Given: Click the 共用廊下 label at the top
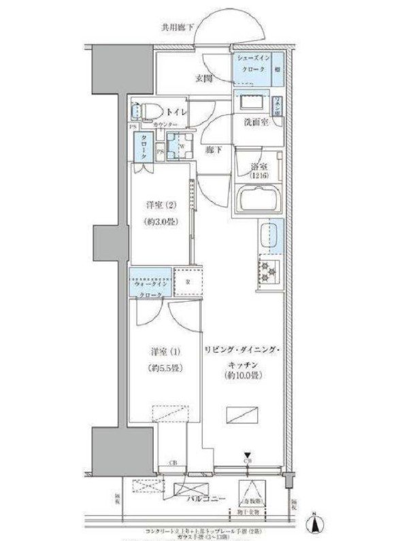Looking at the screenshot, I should pyautogui.click(x=178, y=28).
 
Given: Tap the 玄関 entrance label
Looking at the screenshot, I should pyautogui.click(x=203, y=79).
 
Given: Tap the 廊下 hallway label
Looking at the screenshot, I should pyautogui.click(x=214, y=150).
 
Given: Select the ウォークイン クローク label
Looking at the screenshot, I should pyautogui.click(x=149, y=285).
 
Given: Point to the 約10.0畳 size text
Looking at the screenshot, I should pyautogui.click(x=242, y=374).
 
